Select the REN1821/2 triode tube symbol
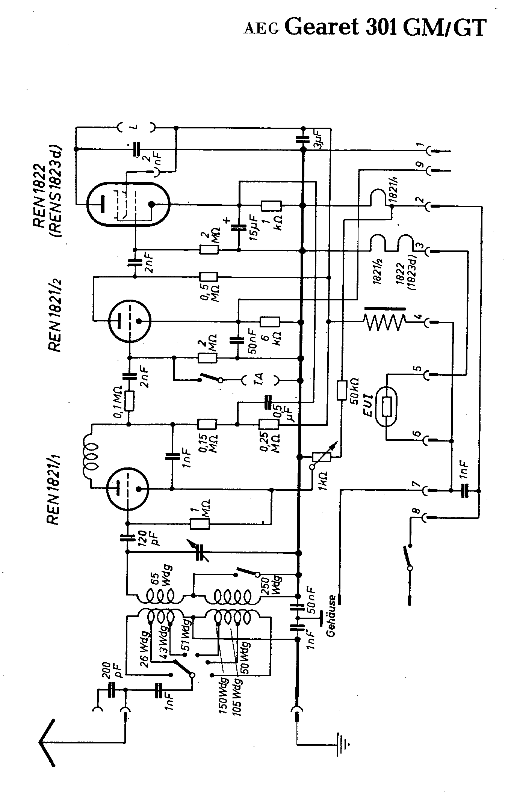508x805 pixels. (x=129, y=321)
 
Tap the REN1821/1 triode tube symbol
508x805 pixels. (x=128, y=488)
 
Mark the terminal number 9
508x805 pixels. (x=420, y=164)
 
